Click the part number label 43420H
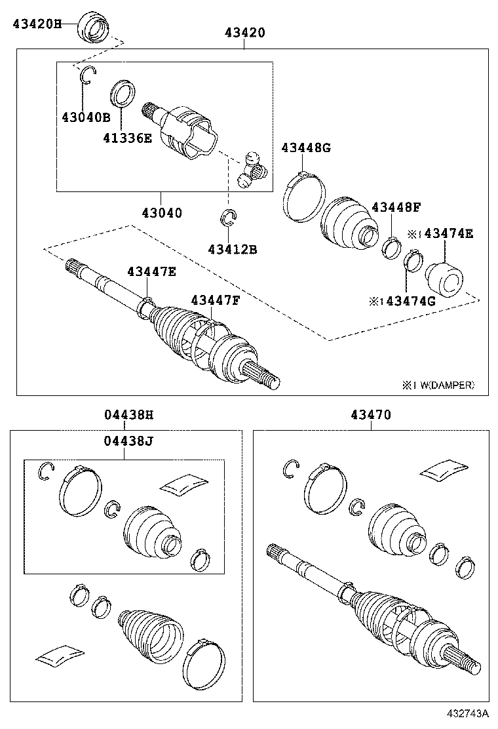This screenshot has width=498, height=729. click(37, 24)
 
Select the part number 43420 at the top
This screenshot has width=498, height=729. click(244, 32)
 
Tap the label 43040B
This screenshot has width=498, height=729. click(86, 117)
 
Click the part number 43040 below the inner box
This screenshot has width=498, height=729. click(161, 212)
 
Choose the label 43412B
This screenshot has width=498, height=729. click(232, 249)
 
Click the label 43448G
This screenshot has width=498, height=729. click(306, 148)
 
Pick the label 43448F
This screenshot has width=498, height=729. click(396, 207)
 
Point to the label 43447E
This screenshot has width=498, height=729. click(151, 271)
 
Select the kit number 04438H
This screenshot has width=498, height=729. click(128, 415)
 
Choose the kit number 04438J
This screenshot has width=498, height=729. click(128, 441)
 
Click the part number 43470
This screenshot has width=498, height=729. click(371, 415)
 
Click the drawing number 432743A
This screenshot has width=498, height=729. click(470, 713)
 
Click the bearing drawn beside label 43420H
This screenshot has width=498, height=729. click(94, 26)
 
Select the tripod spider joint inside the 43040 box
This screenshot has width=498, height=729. click(252, 169)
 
